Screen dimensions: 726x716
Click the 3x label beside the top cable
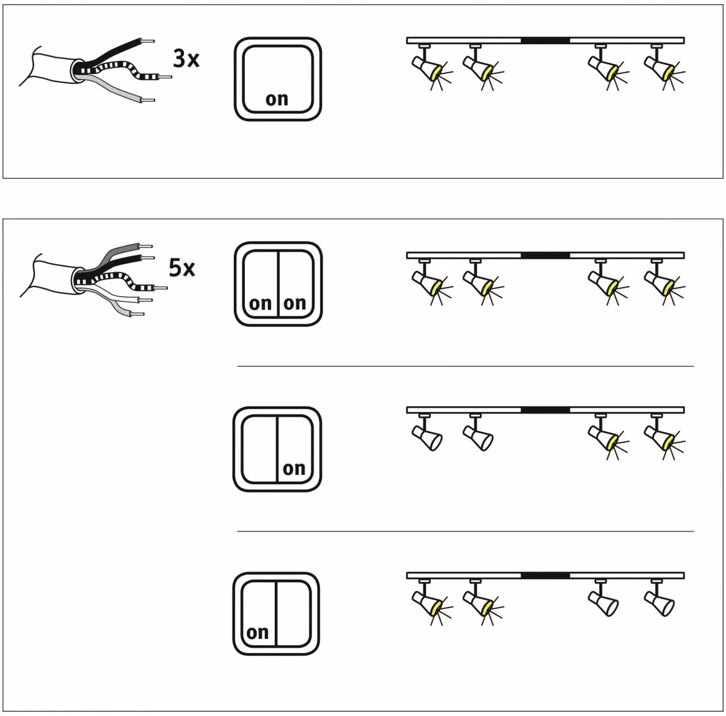(186, 59)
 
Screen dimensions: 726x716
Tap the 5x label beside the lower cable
(182, 268)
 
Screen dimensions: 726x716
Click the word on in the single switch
(277, 99)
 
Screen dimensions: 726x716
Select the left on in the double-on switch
(260, 304)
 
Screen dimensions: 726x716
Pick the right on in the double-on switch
(295, 304)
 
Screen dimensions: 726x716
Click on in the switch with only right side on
(294, 469)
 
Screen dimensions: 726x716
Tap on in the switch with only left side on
(257, 633)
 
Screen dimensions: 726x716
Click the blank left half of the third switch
(259, 449)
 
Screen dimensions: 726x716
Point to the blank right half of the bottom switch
(293, 613)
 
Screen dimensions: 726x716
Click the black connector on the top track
(545, 41)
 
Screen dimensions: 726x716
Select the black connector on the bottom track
(545, 576)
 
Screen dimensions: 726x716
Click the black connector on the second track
(545, 255)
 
